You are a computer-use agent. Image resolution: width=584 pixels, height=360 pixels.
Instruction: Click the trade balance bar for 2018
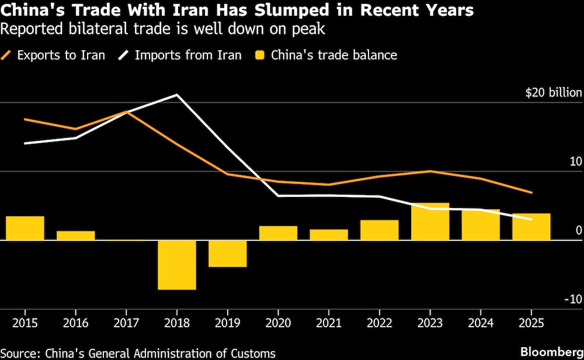(177, 265)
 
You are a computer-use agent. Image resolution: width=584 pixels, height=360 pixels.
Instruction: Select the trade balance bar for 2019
(228, 254)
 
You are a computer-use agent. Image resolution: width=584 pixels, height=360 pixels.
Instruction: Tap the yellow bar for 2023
(430, 221)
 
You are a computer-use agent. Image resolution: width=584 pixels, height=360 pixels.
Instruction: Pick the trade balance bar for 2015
(25, 228)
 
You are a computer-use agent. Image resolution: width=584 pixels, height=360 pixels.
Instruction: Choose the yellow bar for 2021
(329, 235)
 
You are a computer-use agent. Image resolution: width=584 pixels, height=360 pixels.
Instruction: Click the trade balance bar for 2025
(531, 227)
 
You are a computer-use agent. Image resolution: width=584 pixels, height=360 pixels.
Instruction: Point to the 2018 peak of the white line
(178, 95)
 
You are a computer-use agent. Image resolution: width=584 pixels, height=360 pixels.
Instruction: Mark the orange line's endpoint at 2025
(531, 193)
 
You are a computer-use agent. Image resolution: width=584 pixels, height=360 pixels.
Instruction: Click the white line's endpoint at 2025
(531, 219)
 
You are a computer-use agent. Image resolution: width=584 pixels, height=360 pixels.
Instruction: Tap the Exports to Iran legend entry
(53, 55)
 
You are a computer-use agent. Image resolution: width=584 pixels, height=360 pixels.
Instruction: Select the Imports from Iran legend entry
(180, 55)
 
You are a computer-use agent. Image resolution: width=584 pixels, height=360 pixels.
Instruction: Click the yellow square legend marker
(260, 56)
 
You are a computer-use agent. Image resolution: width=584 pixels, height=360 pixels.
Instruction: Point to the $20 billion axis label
(554, 92)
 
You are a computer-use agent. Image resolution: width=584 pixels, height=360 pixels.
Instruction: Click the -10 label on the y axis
(573, 299)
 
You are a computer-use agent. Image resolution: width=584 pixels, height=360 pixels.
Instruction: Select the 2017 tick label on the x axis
(126, 323)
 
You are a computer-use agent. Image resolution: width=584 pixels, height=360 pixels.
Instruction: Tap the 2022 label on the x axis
(380, 323)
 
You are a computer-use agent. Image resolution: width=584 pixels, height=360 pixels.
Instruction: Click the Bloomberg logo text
(552, 352)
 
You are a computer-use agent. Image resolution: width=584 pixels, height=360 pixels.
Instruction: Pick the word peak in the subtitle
(308, 29)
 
